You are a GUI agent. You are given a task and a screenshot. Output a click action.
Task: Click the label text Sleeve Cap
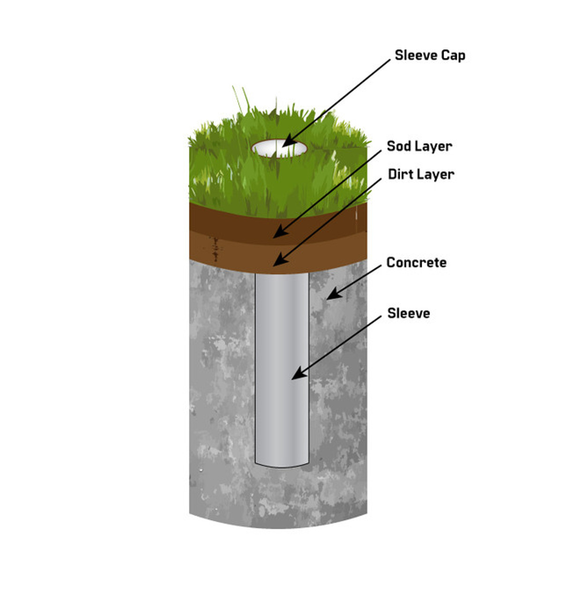coord(430,55)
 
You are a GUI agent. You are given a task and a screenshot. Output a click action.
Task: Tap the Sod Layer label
coord(420,146)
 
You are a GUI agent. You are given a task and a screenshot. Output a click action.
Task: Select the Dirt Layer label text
coord(421,174)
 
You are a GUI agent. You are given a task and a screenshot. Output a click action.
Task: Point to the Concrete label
coord(416,262)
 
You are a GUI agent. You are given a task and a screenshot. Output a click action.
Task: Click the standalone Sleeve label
coord(408,313)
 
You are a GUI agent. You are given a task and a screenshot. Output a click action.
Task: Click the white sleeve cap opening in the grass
coord(279,149)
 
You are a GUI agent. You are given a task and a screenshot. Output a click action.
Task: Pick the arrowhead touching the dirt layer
coord(277,263)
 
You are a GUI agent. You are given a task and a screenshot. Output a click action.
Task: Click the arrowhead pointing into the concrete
coord(331,295)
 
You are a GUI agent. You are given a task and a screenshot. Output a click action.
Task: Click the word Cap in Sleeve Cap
coord(453,55)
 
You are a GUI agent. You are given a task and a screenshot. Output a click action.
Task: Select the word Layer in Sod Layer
coord(435,146)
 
